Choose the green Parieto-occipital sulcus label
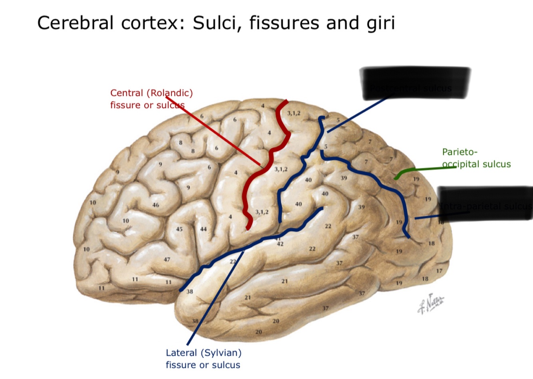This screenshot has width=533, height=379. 476,158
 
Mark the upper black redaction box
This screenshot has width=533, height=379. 415,83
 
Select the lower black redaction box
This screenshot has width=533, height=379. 485,203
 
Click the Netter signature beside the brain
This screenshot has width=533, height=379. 431,303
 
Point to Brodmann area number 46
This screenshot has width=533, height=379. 156,205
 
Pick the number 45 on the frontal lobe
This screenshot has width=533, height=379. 179,229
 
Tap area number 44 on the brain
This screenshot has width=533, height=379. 203,229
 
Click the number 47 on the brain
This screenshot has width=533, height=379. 167,260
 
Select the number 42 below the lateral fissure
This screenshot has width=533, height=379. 280,244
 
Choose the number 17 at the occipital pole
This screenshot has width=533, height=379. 439,271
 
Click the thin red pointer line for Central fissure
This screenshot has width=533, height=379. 216,131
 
